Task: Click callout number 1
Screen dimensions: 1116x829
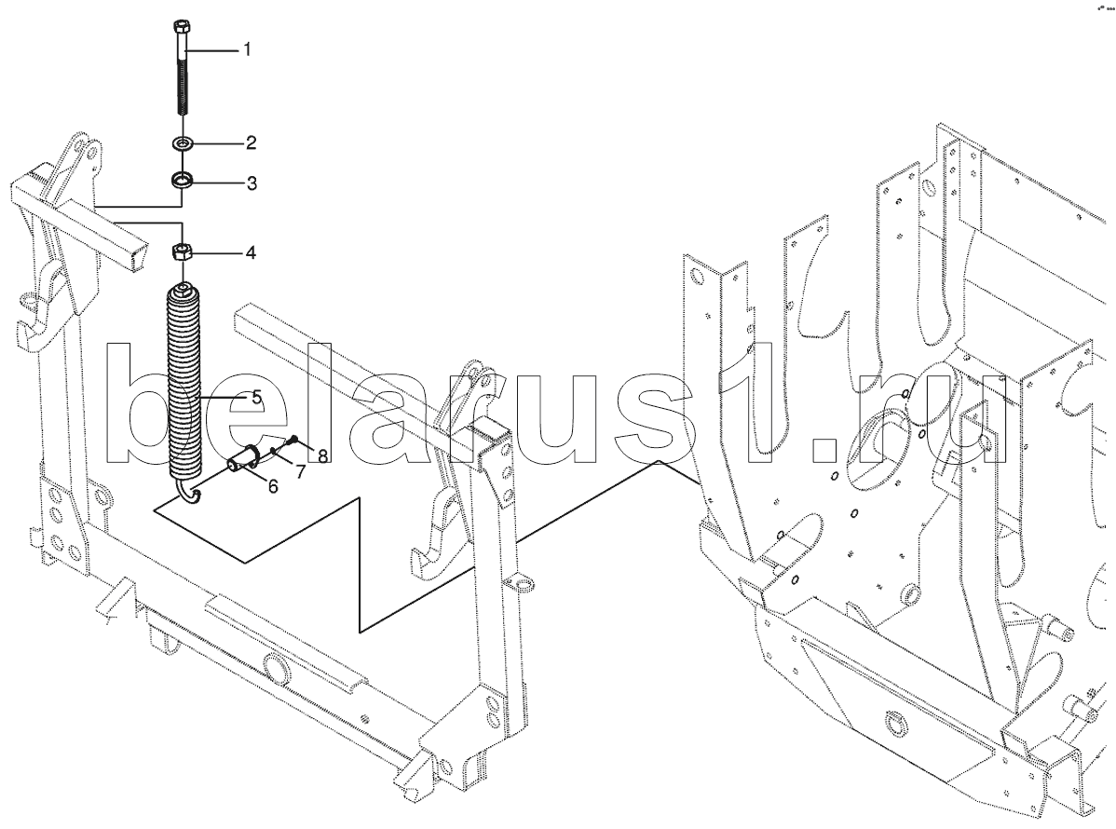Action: (x=247, y=49)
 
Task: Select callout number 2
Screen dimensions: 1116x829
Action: (x=251, y=143)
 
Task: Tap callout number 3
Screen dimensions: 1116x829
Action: (x=252, y=183)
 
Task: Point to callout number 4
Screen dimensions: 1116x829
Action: (x=251, y=252)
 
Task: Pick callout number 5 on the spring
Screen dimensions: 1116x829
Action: (x=255, y=397)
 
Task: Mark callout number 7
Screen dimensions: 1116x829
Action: (x=300, y=471)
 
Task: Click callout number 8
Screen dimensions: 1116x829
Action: (x=322, y=456)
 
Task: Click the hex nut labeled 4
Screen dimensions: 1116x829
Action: (x=183, y=251)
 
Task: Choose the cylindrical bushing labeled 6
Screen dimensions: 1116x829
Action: (x=243, y=459)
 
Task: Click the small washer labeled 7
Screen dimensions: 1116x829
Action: (x=274, y=451)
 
